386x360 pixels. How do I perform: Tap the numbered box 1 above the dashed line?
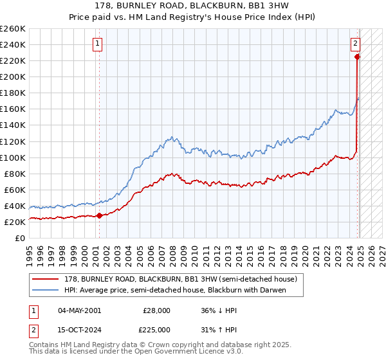(98, 44)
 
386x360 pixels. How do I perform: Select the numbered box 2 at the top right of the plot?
(355, 44)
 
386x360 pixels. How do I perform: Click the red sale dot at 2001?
(99, 215)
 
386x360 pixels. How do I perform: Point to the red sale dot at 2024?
(357, 57)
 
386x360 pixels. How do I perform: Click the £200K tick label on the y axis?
(12, 76)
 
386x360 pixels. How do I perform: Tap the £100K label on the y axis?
(12, 157)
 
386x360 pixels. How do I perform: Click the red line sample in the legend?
(46, 280)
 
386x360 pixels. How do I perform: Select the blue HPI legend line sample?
(46, 290)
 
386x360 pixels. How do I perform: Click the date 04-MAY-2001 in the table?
(79, 310)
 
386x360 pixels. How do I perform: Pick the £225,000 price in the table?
(157, 329)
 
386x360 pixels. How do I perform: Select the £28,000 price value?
(157, 310)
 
